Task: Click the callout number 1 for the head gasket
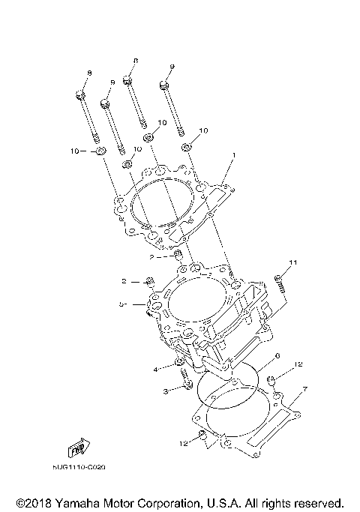(233, 155)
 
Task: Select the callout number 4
(155, 370)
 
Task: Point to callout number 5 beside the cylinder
(121, 304)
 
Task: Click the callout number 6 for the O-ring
(277, 357)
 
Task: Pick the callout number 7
(305, 391)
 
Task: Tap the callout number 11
(294, 262)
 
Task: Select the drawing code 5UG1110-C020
(79, 466)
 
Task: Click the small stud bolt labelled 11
(282, 285)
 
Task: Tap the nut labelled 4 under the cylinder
(180, 364)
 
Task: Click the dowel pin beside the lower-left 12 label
(202, 436)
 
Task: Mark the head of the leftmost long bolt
(80, 94)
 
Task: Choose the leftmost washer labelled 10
(100, 153)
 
